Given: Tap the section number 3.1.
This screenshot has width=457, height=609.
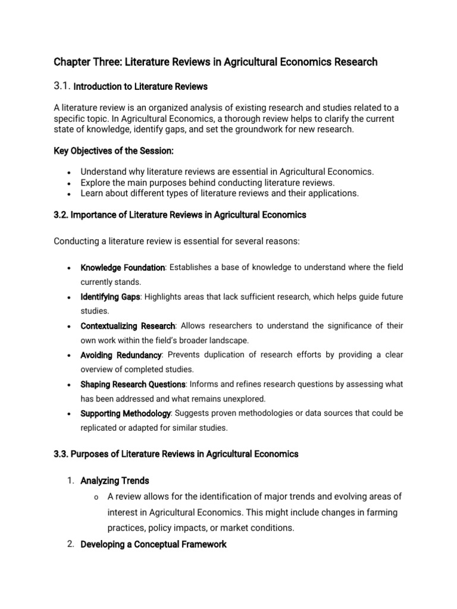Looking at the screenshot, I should (x=62, y=86).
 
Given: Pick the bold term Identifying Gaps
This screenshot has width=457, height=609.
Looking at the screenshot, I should (x=110, y=296).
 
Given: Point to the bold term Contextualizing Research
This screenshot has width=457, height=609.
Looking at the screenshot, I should (x=127, y=325).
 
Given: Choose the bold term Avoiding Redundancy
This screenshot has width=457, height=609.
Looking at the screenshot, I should (x=121, y=354).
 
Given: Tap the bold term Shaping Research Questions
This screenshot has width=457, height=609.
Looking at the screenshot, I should (x=133, y=384).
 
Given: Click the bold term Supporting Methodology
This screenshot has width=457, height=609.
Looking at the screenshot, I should (x=126, y=413).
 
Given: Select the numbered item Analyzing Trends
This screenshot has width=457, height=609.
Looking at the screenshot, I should (x=115, y=480).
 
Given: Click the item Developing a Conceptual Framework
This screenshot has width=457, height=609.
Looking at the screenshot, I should (x=153, y=544).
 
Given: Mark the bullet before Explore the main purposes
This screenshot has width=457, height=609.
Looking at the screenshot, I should (x=70, y=183).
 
